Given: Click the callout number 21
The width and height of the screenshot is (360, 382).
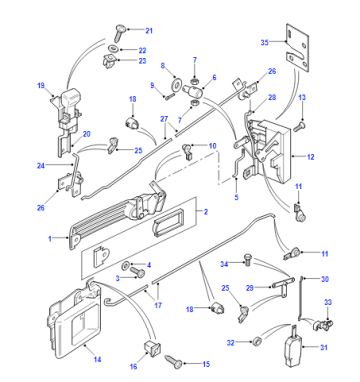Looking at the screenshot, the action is (x=149, y=31).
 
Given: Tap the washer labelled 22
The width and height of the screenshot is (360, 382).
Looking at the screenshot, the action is (x=114, y=49).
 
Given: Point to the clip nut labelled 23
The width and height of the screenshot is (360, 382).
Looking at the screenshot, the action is (x=110, y=61).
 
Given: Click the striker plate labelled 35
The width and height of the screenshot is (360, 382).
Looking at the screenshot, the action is (x=297, y=47).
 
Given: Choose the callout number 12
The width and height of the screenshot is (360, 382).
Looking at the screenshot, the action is (x=310, y=157).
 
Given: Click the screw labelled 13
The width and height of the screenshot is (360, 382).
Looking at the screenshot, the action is (x=300, y=127).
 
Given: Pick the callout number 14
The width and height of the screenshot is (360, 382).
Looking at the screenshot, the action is (x=97, y=360).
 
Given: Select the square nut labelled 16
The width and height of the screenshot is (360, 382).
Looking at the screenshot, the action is (x=152, y=347).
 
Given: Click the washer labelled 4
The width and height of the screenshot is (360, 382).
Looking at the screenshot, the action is (x=126, y=265).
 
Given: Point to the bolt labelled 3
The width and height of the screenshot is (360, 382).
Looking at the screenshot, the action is (x=137, y=272).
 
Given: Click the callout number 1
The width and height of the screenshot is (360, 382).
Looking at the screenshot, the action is (x=50, y=239).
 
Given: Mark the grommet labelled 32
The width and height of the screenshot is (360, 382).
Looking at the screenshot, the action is (x=256, y=341).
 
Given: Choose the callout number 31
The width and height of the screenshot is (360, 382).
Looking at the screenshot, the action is (x=324, y=347).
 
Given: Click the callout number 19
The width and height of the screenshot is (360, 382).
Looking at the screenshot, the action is (x=41, y=86).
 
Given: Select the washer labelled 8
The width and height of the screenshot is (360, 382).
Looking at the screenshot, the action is (x=176, y=84).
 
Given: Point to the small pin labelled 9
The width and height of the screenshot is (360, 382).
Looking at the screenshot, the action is (x=168, y=97).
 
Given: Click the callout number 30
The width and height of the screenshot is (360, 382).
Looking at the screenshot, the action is (x=325, y=279).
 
